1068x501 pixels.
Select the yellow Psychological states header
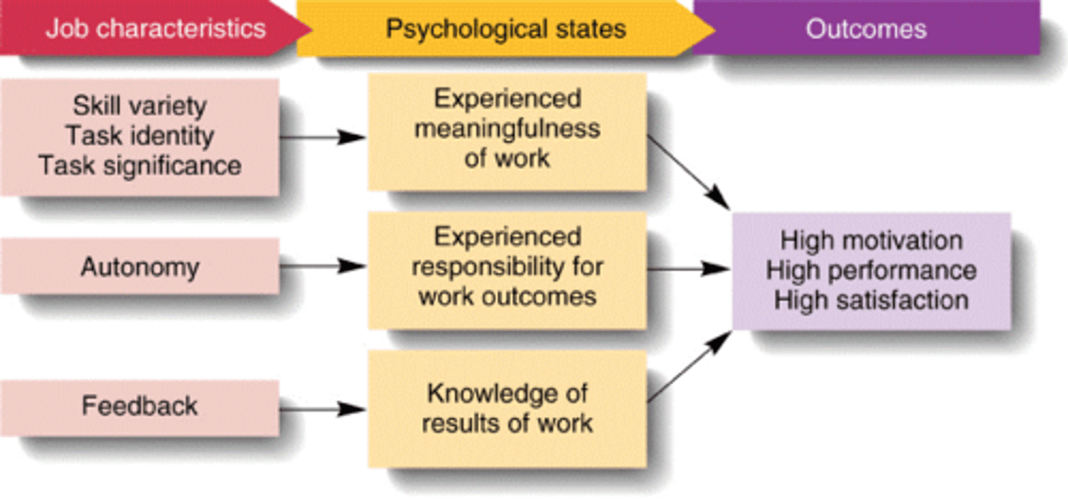505,29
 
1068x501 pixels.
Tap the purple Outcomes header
866,29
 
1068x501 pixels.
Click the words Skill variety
139,106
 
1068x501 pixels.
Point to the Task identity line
139,136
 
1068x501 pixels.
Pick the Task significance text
139,165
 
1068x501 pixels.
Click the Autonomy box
139,267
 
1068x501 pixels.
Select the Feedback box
139,406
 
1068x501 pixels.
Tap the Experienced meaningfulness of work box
507,129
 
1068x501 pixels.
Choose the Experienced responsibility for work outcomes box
507,268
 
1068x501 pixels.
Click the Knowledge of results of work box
507,408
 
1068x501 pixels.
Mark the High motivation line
871,241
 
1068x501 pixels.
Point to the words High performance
871,271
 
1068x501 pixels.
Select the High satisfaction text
871,300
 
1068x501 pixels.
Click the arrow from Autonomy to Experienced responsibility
323,266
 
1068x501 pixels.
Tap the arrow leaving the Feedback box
323,408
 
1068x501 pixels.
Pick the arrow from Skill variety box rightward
323,137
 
